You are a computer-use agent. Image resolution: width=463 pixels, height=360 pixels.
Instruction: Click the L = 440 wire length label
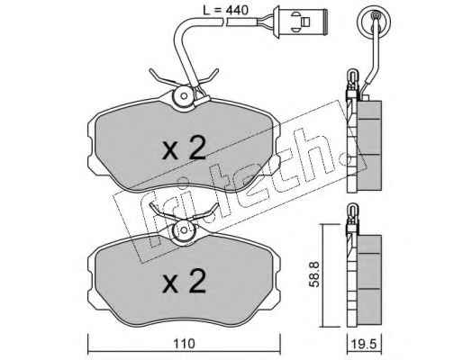pyautogui.click(x=225, y=11)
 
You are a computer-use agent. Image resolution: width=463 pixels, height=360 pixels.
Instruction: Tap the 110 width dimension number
pyautogui.click(x=184, y=344)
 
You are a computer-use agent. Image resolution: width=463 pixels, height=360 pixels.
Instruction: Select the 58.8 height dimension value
pyautogui.click(x=314, y=274)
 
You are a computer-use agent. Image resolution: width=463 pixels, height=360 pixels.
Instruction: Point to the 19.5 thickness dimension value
pyautogui.click(x=364, y=344)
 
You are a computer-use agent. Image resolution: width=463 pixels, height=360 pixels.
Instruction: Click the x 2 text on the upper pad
pyautogui.click(x=184, y=148)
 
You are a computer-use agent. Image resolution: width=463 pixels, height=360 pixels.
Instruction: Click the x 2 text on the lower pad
pyautogui.click(x=184, y=281)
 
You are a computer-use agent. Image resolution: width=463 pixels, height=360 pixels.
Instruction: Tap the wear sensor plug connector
pyautogui.click(x=299, y=22)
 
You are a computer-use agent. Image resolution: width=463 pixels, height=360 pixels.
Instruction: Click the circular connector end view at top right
pyautogui.click(x=374, y=23)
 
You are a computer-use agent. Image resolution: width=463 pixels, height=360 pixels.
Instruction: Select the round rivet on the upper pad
pyautogui.click(x=184, y=95)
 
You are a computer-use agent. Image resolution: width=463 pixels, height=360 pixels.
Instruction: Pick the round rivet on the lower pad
pyautogui.click(x=184, y=230)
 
